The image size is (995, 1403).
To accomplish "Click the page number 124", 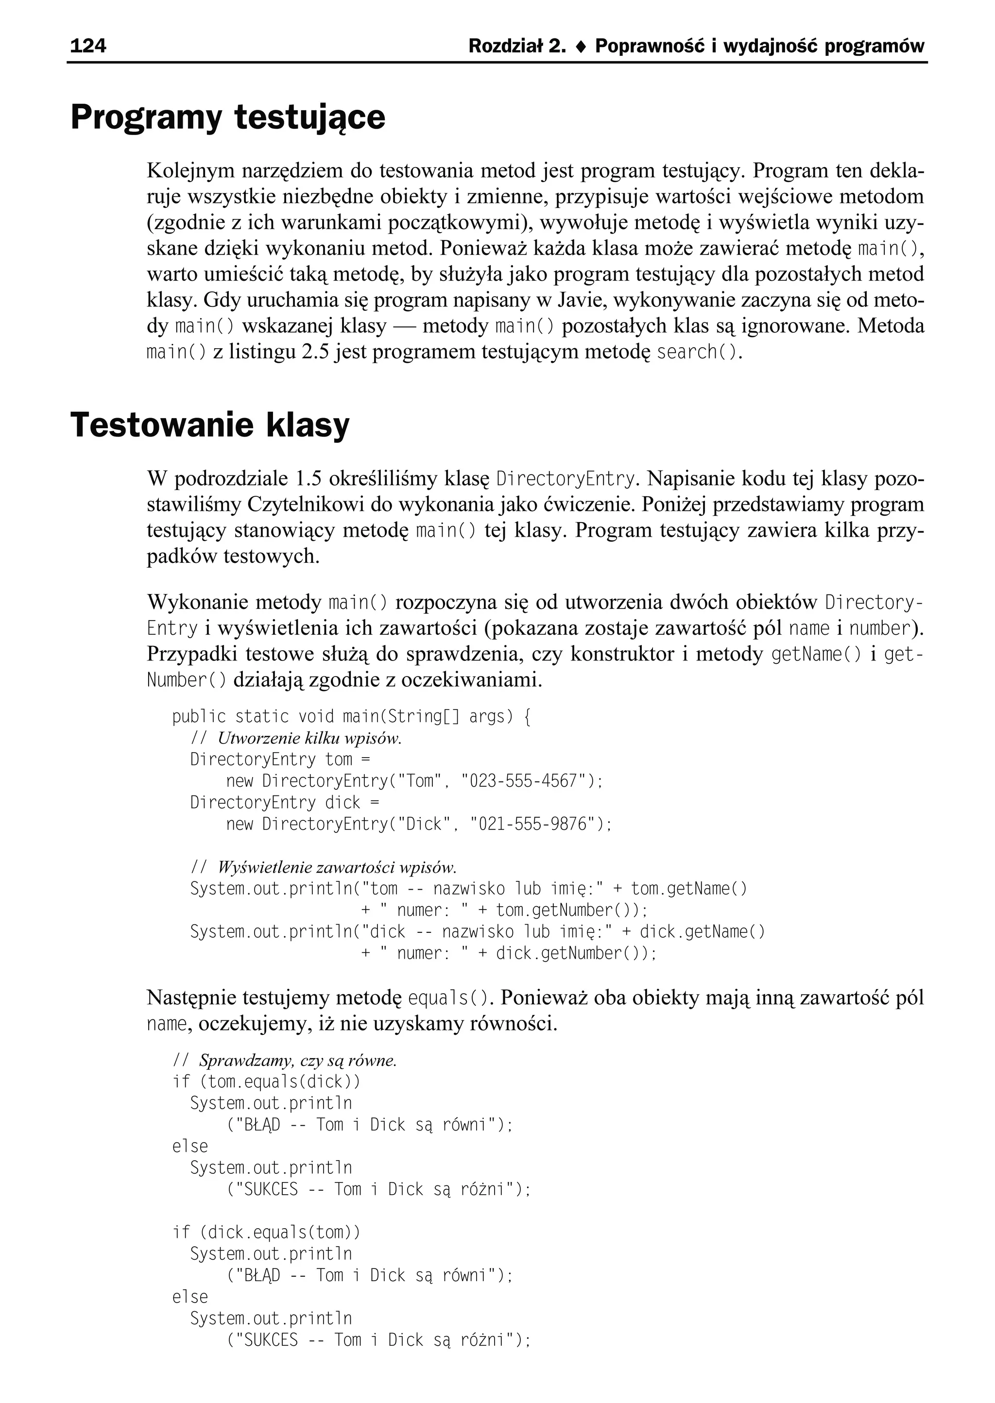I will tap(88, 46).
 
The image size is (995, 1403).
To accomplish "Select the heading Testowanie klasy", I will tap(210, 424).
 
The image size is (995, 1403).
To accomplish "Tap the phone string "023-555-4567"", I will tap(527, 781).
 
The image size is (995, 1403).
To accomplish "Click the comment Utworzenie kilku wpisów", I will tap(309, 738).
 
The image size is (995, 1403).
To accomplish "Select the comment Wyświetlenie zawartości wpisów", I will tap(337, 867).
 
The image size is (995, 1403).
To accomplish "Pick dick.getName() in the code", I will tap(702, 931).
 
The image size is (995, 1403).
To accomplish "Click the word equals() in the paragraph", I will tap(449, 998).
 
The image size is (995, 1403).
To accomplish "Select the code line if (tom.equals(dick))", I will tap(267, 1082).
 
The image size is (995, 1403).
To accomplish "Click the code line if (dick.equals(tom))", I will tap(267, 1232).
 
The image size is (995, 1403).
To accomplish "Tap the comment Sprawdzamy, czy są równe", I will tap(298, 1061).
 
